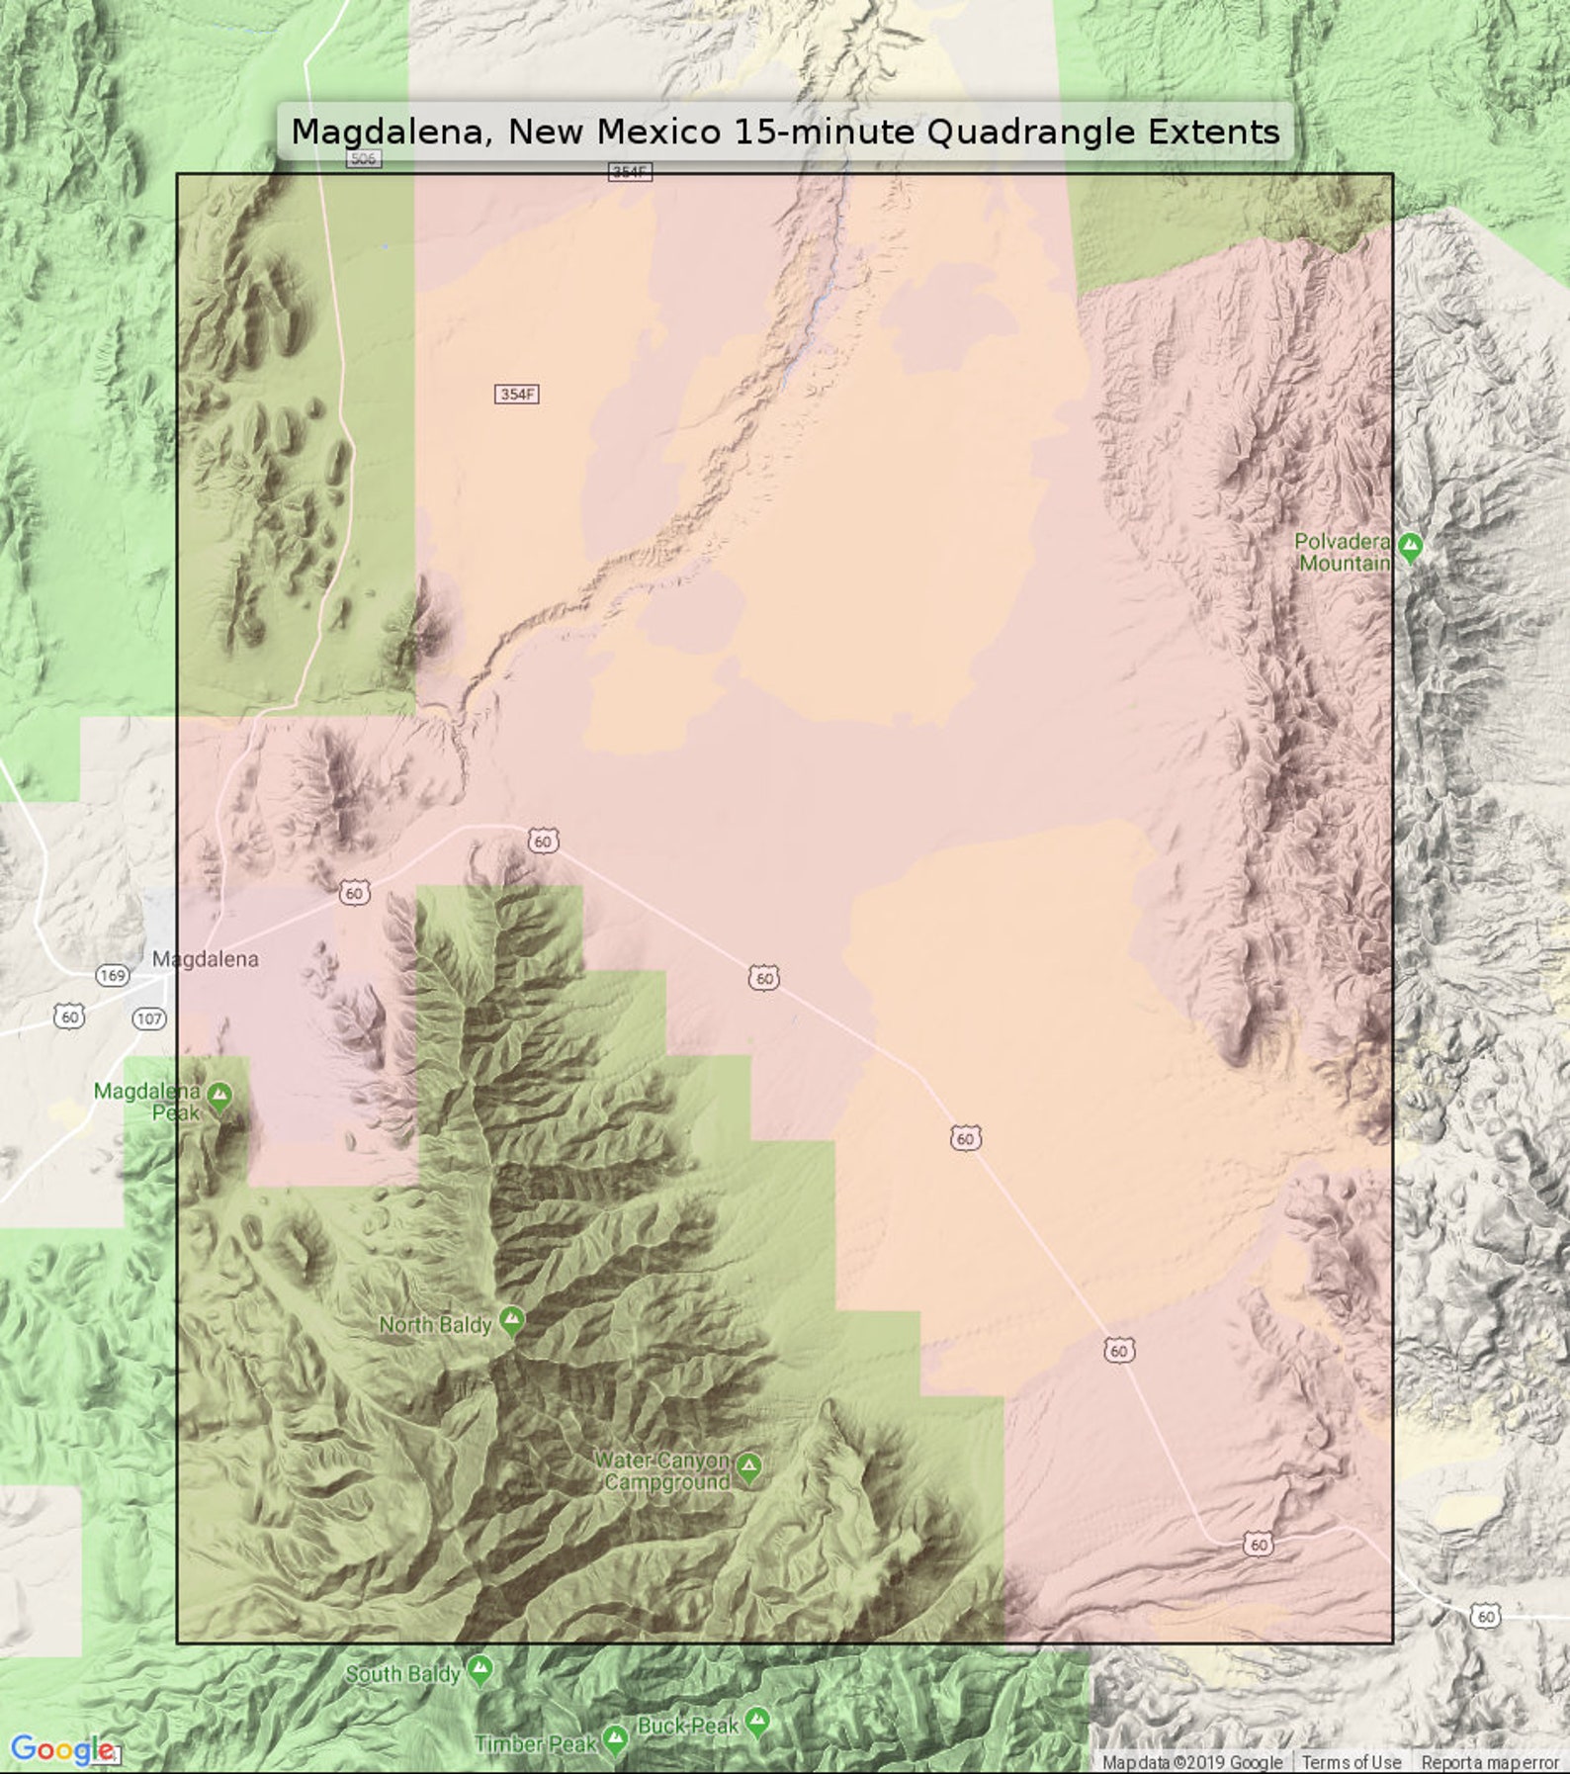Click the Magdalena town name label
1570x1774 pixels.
(206, 958)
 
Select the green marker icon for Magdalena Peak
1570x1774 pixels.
(219, 1096)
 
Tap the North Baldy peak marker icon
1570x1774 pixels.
(511, 1319)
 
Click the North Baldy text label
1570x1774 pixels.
(435, 1325)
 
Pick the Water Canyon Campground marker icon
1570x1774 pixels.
(749, 1467)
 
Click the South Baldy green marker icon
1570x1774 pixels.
(480, 1670)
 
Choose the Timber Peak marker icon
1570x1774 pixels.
(615, 1738)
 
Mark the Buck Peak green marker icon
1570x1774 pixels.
(757, 1723)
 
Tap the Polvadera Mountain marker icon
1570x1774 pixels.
(1411, 546)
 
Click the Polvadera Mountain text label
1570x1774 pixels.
(1343, 553)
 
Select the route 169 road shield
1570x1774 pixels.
(113, 976)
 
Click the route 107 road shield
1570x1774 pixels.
(149, 1019)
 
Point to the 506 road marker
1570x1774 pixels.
(363, 158)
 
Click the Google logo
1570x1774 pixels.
(61, 1749)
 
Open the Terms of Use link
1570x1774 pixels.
(1351, 1762)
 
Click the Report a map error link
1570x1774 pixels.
(1489, 1762)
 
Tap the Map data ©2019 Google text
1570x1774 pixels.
(1191, 1762)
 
